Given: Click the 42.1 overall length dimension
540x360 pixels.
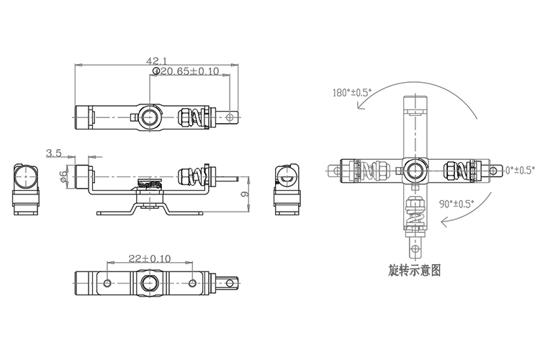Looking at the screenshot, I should point(156,60).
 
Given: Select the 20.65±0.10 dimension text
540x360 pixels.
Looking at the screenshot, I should point(186,71).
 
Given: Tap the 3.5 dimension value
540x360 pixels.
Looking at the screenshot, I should point(54,153).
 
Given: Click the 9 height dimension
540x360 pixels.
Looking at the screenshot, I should point(246,194).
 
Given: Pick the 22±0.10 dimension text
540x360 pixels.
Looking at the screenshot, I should point(150,258).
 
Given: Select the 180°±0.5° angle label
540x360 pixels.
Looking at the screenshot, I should point(351,93).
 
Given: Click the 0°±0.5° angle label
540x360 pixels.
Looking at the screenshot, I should point(519,171).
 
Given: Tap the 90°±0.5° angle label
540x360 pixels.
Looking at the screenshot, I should point(456,204).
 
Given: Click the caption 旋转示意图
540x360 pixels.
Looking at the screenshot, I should point(414,271).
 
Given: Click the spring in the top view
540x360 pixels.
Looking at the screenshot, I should point(189,117).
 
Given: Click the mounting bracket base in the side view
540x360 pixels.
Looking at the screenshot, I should point(150,213).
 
